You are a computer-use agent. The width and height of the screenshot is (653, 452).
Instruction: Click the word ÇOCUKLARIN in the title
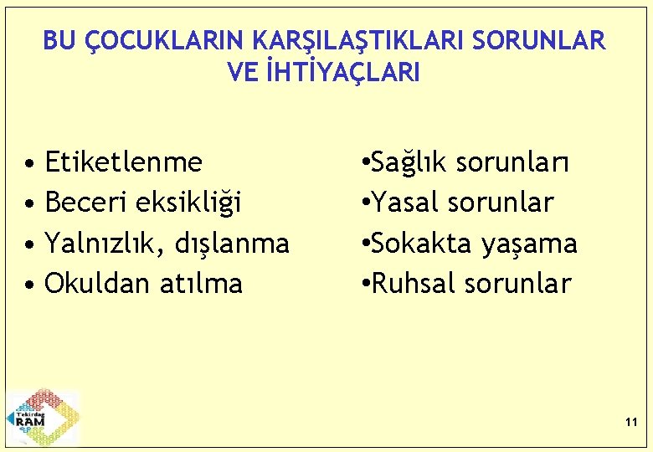tap(158, 40)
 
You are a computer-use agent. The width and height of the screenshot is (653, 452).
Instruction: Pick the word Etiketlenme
tap(123, 161)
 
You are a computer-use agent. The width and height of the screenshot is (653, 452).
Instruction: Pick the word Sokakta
tap(423, 243)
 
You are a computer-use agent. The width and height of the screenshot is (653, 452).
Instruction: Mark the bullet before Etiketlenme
tap(29, 162)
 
